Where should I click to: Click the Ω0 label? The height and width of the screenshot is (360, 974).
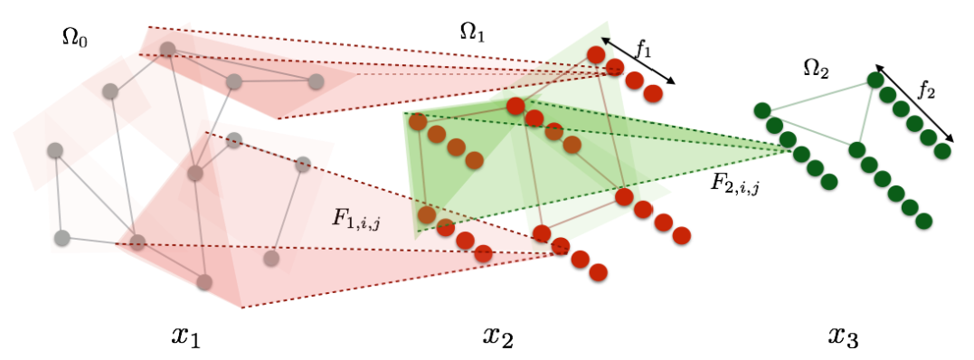pos(74,39)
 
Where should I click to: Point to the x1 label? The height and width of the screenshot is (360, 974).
pos(187,336)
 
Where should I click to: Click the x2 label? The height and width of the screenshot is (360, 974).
pos(499,336)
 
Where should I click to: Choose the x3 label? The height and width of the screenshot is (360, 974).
pos(844,336)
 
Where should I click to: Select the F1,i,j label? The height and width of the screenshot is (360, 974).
pos(356,220)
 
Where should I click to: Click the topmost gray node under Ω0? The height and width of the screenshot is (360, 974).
pos(167,49)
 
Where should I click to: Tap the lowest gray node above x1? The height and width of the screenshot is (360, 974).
pos(204,283)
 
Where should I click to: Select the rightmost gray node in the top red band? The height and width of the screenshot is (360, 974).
pos(317,81)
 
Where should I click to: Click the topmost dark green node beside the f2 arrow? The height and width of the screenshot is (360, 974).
pos(875,81)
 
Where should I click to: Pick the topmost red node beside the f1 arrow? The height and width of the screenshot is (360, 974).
pos(596,54)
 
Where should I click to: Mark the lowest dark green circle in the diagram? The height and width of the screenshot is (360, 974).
pos(923,221)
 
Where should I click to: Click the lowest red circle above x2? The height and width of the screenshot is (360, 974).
pos(598,271)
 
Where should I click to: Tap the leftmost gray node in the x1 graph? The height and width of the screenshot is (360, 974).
pos(55,150)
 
